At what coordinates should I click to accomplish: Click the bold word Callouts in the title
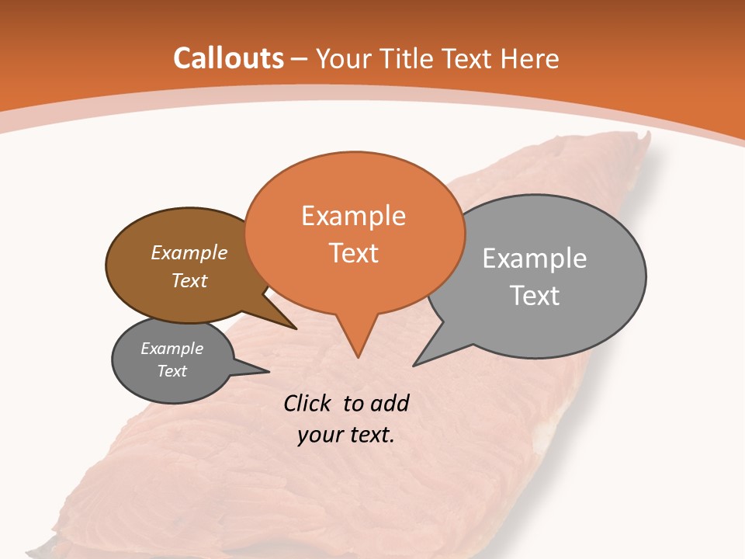228,58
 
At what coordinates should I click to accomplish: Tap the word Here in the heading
532,58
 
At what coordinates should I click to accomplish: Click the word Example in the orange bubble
353,216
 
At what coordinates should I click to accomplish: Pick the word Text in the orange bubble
353,253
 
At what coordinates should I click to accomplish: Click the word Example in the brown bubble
189,252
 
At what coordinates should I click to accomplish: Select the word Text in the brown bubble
189,280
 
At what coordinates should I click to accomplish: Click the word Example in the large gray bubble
535,259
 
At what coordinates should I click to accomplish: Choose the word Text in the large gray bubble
535,296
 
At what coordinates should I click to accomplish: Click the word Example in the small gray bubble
172,349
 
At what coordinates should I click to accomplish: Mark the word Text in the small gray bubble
172,371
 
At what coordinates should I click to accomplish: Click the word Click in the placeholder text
309,403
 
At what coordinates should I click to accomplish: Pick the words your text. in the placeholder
345,435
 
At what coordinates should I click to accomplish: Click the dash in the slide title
300,59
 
